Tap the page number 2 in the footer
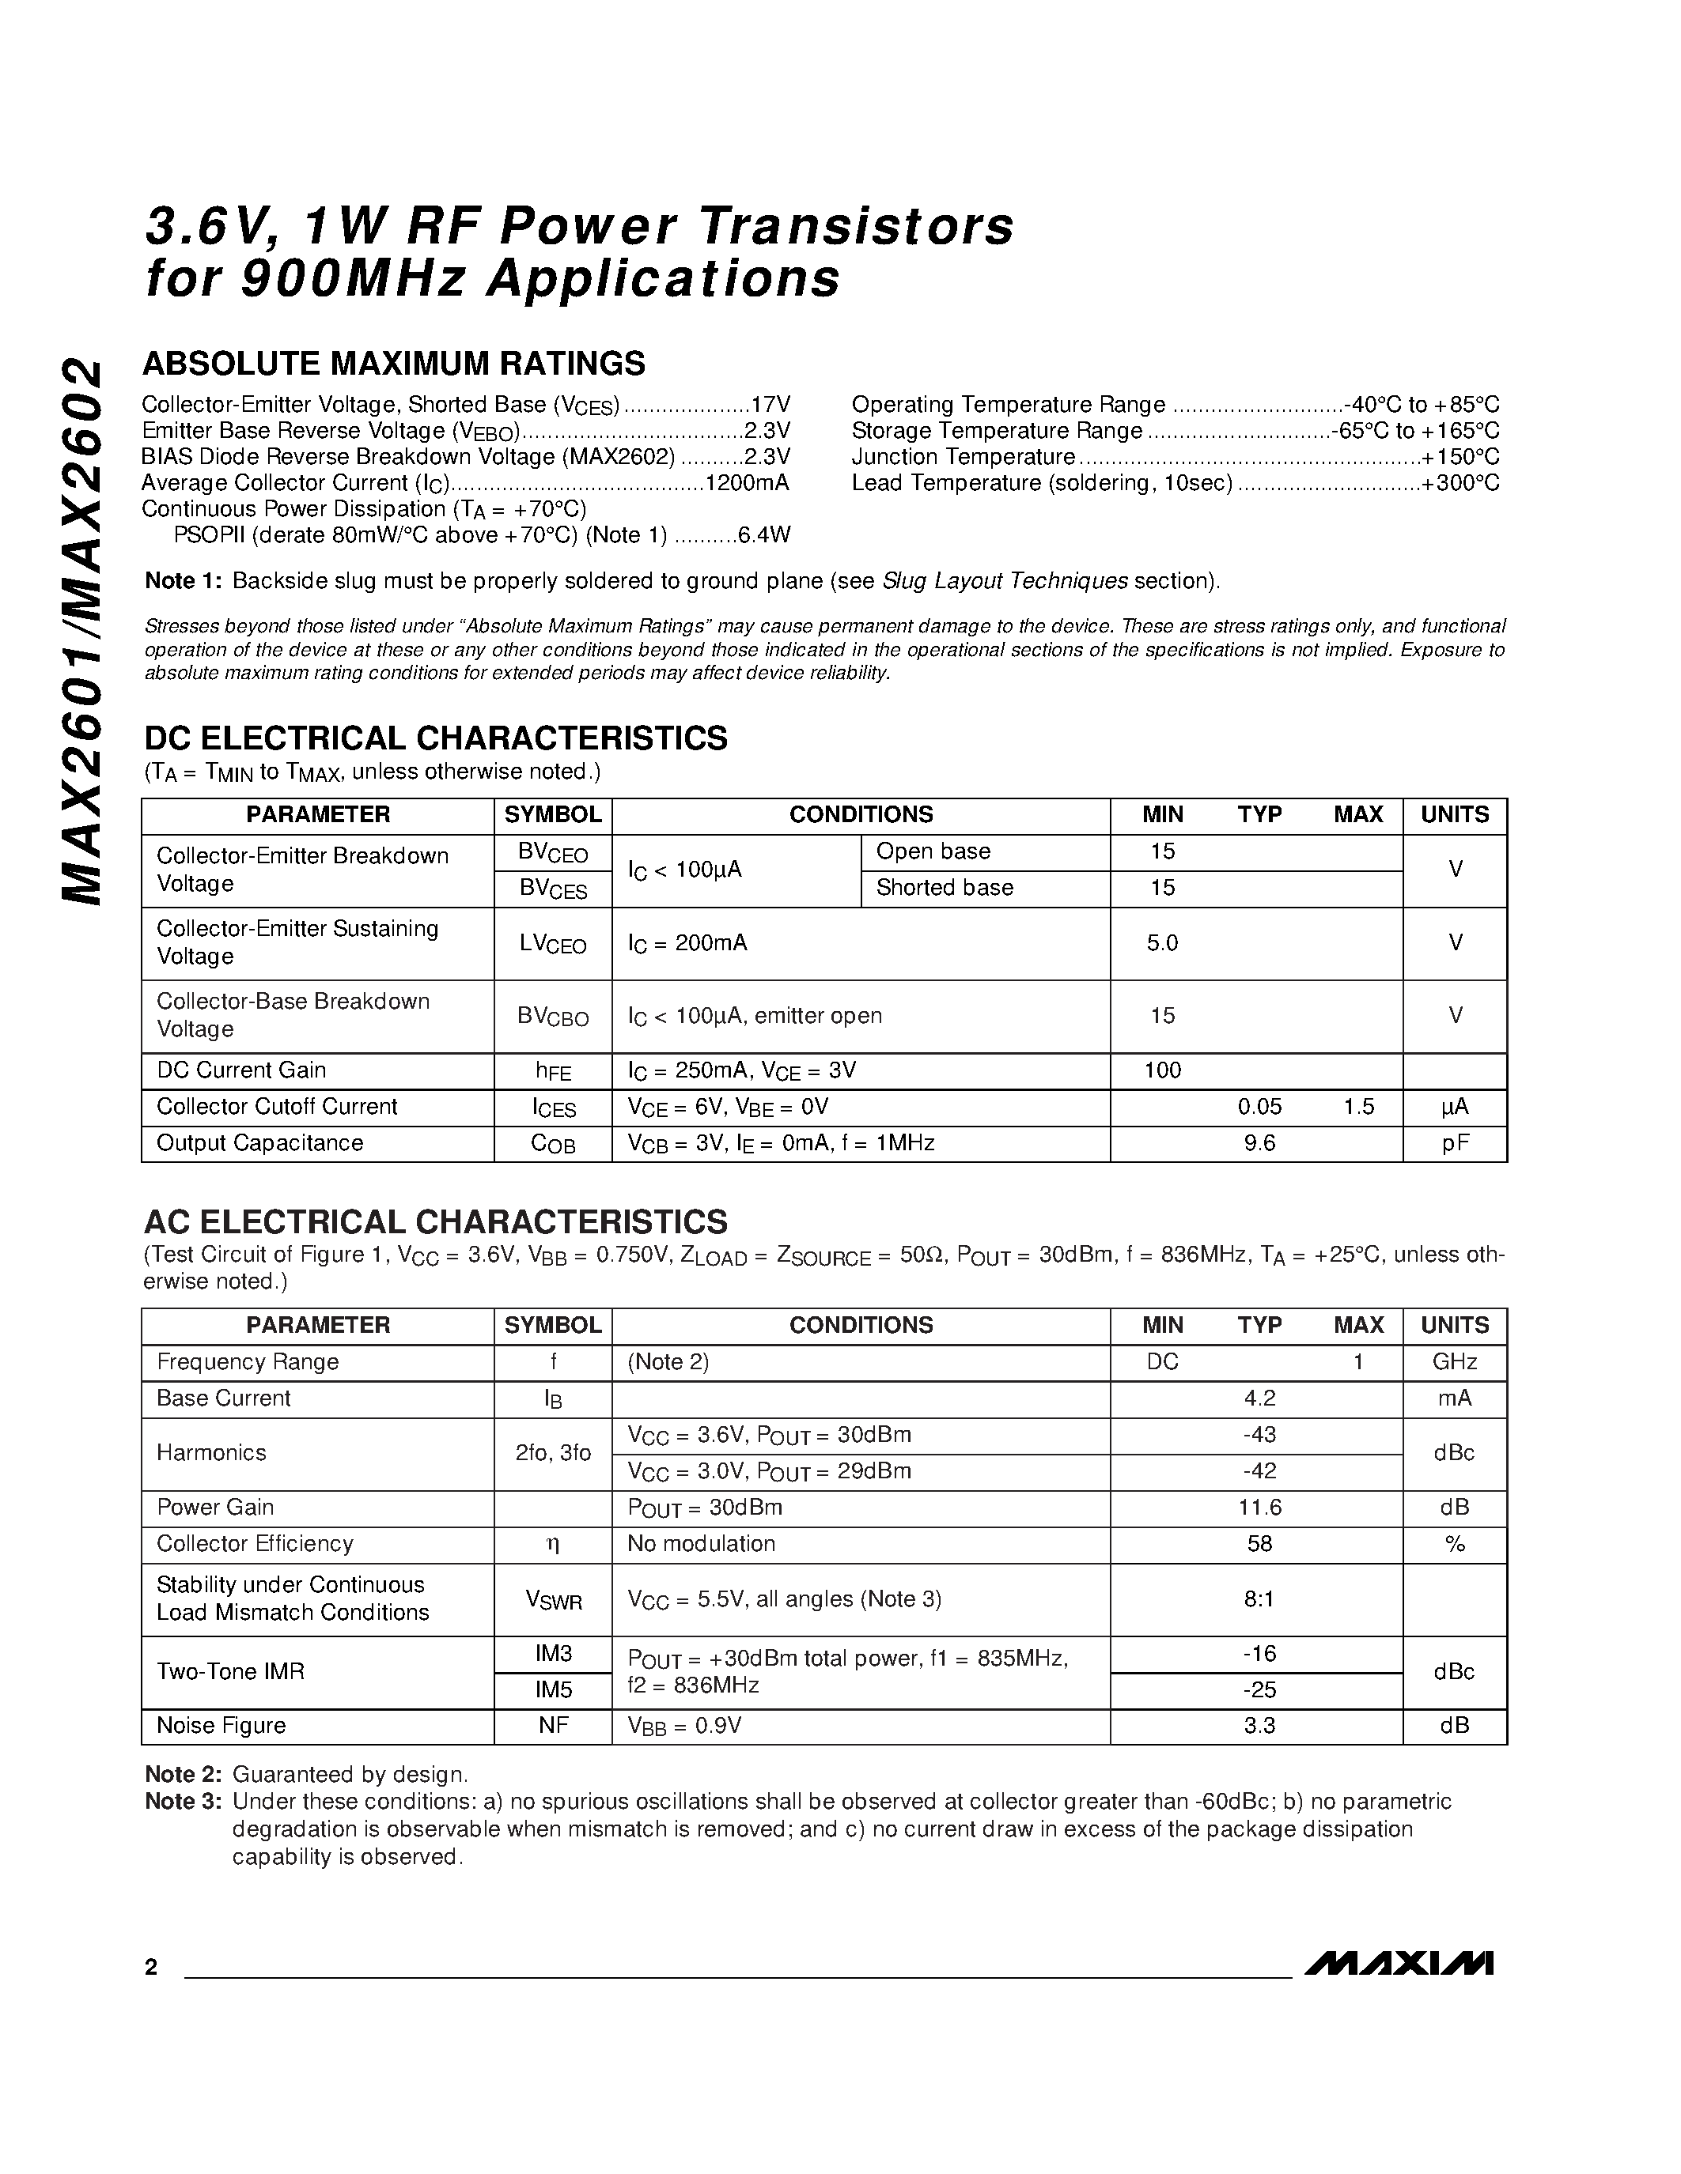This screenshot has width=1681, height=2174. point(151,1967)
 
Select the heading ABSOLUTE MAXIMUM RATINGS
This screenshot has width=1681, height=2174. point(395,364)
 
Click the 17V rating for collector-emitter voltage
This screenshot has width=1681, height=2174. point(770,404)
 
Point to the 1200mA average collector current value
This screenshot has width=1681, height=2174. point(747,483)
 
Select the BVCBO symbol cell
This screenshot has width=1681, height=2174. point(553,1017)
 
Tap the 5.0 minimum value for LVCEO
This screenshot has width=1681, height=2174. point(1162,942)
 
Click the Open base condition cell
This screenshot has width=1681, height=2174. point(933,851)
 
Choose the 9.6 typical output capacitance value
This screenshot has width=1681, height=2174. point(1259,1143)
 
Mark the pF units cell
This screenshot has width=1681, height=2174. point(1455,1143)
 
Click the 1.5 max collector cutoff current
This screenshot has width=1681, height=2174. point(1358,1106)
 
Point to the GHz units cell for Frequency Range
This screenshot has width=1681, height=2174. point(1455,1362)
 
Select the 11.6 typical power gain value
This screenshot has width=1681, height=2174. point(1259,1507)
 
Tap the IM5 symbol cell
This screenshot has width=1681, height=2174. point(553,1689)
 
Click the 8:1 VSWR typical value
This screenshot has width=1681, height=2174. point(1259,1598)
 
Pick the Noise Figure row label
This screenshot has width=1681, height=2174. point(221,1725)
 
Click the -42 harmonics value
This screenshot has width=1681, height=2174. point(1259,1470)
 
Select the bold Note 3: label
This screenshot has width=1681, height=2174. point(184,1801)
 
